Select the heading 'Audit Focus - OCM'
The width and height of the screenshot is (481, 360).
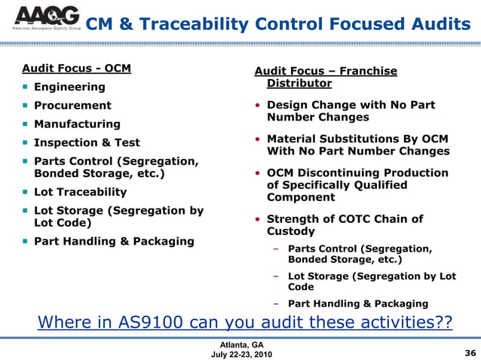[76, 69]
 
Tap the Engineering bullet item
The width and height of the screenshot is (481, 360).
[69, 87]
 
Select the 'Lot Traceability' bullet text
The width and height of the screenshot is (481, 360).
[80, 193]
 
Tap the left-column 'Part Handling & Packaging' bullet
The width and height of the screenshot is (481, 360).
[114, 242]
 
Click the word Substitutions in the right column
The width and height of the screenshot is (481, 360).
[359, 139]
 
